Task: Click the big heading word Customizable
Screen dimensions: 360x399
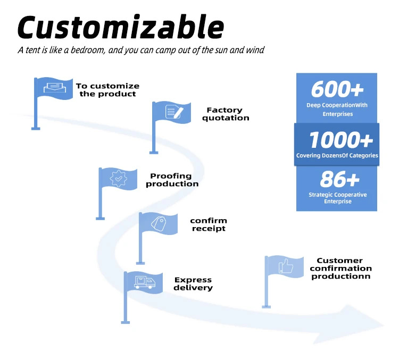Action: [121, 27]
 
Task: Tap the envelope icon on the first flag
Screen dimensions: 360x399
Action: [52, 88]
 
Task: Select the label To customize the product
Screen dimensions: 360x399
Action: [107, 90]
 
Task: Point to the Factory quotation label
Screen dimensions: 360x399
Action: [225, 114]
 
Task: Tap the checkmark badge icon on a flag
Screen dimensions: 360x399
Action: [118, 178]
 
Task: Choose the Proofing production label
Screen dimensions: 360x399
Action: [172, 180]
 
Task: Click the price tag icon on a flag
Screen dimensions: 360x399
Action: [158, 222]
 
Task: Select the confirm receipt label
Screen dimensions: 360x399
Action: [208, 224]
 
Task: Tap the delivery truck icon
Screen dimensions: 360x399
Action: [144, 282]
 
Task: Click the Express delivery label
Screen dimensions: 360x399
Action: [193, 283]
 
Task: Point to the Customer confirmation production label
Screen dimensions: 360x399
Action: [340, 269]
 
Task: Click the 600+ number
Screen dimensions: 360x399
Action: [337, 89]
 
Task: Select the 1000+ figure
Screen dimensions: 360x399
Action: [340, 140]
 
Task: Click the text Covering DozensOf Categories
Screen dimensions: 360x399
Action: [337, 156]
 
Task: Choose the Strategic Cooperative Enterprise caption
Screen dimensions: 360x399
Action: [337, 198]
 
